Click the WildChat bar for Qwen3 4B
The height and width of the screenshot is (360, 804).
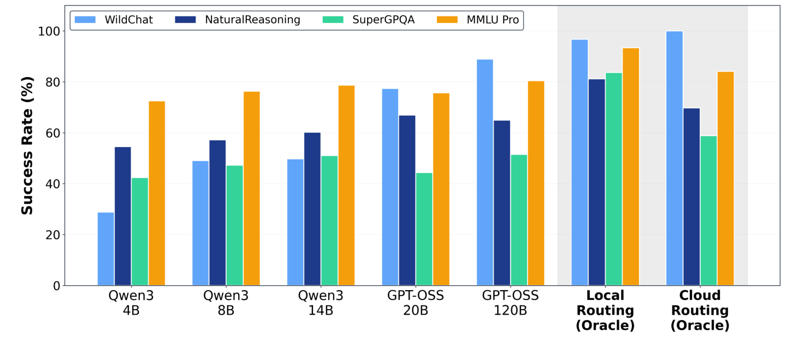point(105,249)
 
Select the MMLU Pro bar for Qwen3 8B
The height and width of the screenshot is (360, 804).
point(252,188)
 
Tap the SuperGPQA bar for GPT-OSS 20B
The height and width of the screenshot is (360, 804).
point(424,229)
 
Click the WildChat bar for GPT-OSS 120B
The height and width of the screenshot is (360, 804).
point(484,172)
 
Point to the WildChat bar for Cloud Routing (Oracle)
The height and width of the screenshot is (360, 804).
point(675,158)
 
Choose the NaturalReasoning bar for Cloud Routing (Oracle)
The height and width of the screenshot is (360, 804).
point(691,197)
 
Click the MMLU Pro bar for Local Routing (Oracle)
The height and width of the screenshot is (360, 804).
point(631,167)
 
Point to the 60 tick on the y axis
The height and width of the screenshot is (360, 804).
point(52,133)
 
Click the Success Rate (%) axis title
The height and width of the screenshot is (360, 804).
point(27,145)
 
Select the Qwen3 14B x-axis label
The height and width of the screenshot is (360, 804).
point(321,303)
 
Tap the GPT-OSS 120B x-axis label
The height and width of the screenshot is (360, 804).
point(510,303)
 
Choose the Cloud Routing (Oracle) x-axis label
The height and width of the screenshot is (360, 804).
point(700,310)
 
